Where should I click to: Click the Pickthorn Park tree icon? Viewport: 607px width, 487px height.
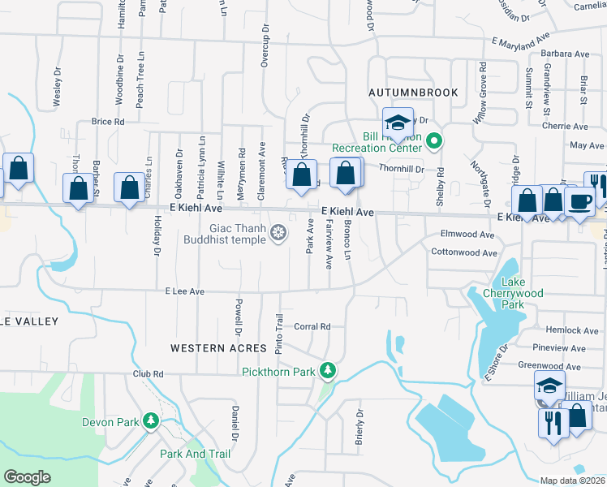pos(328,371)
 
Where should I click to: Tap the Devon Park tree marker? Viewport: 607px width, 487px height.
pos(150,421)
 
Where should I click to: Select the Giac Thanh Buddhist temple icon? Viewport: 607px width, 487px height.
pos(278,234)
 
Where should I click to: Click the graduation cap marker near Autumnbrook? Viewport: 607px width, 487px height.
pos(398,123)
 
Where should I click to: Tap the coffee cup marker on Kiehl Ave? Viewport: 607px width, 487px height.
pos(580,200)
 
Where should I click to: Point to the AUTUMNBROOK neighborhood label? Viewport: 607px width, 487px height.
pos(413,93)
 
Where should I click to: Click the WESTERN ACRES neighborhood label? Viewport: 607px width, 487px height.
pos(218,347)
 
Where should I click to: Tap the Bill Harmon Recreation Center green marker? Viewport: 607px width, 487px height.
pos(434,142)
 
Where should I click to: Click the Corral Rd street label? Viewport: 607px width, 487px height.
pos(312,326)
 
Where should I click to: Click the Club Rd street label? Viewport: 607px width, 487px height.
pos(149,374)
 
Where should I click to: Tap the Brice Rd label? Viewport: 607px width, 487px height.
pos(108,121)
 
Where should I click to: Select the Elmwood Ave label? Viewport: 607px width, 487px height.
pos(467,234)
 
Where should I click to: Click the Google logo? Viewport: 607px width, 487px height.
pos(28,477)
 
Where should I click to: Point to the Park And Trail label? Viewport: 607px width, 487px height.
pos(196,454)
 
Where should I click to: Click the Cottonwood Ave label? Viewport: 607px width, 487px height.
pos(463,252)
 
